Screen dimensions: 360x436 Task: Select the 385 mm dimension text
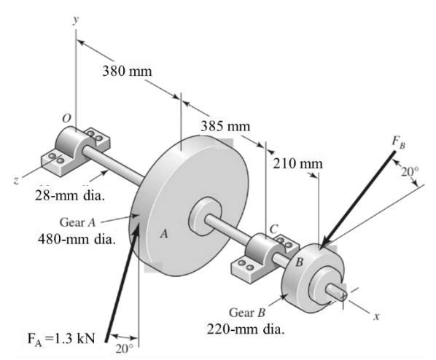point(225,125)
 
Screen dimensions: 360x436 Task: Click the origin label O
point(66,118)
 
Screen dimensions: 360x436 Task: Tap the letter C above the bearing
point(274,229)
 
